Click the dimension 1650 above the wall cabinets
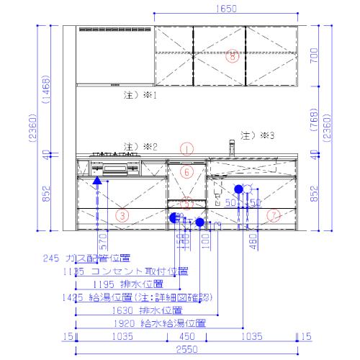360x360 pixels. (x=225, y=9)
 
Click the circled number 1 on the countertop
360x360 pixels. (x=186, y=149)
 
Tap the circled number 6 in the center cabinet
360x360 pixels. (x=186, y=172)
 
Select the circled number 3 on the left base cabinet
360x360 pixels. (x=122, y=215)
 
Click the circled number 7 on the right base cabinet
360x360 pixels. (x=273, y=215)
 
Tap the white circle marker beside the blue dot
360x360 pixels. (x=248, y=189)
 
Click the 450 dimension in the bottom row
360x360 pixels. (x=186, y=335)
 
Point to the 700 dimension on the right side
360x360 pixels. (x=313, y=55)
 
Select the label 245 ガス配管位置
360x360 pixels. (x=86, y=258)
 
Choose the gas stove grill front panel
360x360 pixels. (x=115, y=171)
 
